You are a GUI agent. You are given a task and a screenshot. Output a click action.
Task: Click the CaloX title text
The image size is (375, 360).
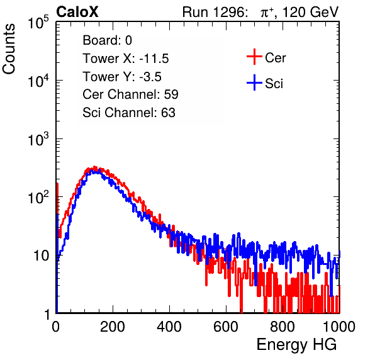pyautogui.click(x=77, y=12)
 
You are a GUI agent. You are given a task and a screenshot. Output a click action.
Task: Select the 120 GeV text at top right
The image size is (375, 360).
pyautogui.click(x=311, y=12)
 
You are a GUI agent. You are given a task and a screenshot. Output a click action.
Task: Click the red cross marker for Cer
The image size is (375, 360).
pyautogui.click(x=254, y=57)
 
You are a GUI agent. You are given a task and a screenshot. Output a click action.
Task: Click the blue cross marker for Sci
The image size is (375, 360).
pyautogui.click(x=254, y=83)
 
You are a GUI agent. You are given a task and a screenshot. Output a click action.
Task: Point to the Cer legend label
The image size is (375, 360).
pyautogui.click(x=275, y=58)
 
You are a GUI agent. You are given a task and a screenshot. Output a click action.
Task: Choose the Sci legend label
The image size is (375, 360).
pyautogui.click(x=274, y=84)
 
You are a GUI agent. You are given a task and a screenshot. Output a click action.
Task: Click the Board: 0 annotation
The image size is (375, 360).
pyautogui.click(x=107, y=40)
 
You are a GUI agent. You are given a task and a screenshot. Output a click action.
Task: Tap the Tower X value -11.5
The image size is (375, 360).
pyautogui.click(x=154, y=59)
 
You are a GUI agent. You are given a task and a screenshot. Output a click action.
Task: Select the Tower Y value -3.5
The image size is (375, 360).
pyautogui.click(x=150, y=77)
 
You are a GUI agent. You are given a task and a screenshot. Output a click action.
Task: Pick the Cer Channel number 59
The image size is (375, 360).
pyautogui.click(x=171, y=94)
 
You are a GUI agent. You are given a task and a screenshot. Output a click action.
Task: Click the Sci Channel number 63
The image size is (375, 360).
pyautogui.click(x=168, y=113)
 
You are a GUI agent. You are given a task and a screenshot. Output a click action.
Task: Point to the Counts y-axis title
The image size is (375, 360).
pyautogui.click(x=9, y=49)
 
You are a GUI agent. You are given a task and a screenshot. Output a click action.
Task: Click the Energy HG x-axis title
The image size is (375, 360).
pyautogui.click(x=296, y=345)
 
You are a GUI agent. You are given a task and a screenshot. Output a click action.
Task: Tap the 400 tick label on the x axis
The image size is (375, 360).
pyautogui.click(x=169, y=327)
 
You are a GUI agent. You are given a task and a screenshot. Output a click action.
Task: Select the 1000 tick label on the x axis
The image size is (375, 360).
pyautogui.click(x=339, y=327)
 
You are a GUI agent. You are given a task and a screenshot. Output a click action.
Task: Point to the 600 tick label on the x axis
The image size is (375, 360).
pyautogui.click(x=226, y=327)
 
